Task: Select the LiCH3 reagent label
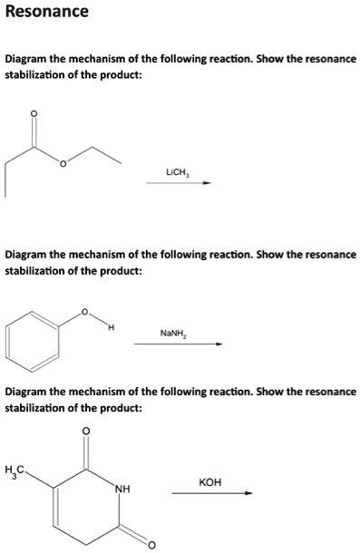tap(178, 170)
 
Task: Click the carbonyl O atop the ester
tap(35, 113)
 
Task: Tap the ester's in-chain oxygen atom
tap(64, 165)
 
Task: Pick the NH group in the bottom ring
tap(120, 490)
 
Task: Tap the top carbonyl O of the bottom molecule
tap(87, 430)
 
